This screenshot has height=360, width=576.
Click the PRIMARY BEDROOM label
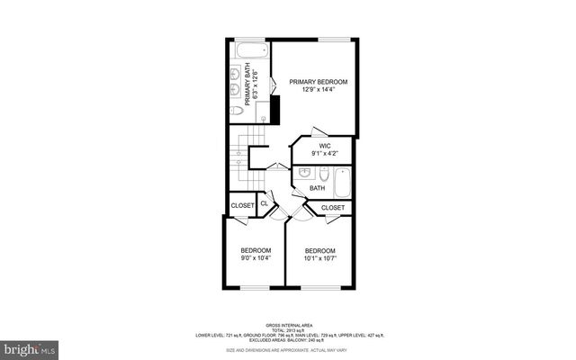coord(318,82)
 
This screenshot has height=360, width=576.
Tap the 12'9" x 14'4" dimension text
coord(318,91)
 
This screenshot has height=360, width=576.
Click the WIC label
coord(325,144)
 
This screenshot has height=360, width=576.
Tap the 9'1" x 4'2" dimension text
coord(325,153)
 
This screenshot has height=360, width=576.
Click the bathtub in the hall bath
coord(343,183)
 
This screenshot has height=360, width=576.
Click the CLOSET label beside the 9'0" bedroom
coord(242,205)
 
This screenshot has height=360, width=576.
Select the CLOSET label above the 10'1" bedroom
coord(333,208)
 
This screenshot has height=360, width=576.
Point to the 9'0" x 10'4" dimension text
coord(256,259)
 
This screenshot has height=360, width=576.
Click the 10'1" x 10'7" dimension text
coord(319,259)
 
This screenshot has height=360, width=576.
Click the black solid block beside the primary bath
coord(276,111)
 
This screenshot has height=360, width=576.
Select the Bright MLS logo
coord(30,346)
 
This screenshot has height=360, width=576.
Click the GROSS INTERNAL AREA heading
coord(288,325)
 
